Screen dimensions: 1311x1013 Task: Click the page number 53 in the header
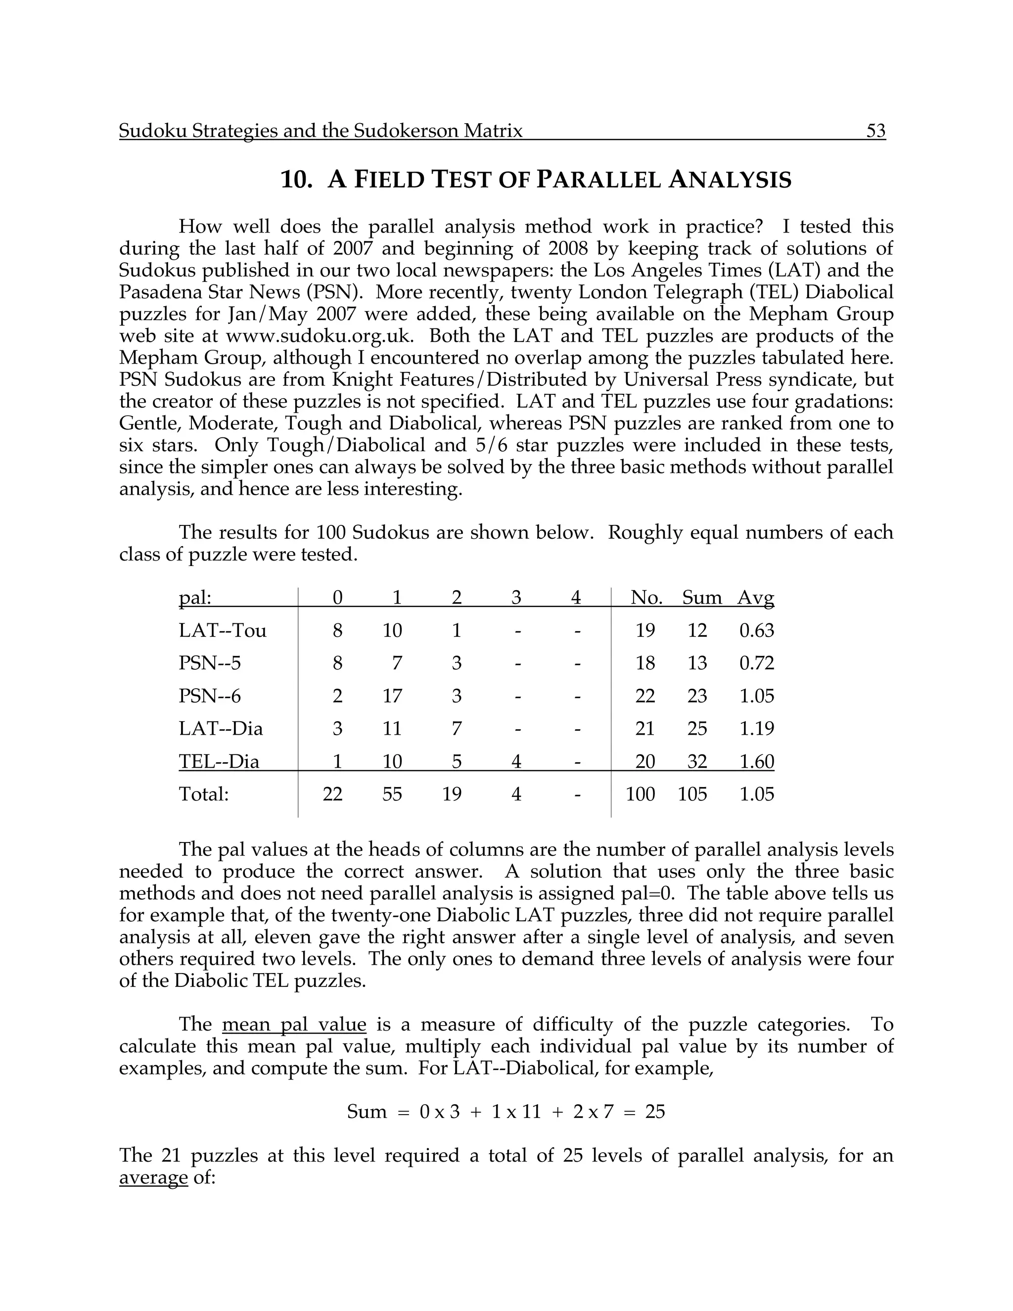pos(875,131)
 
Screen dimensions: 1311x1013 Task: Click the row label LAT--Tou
pos(223,630)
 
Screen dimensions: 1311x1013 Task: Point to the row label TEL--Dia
pos(219,762)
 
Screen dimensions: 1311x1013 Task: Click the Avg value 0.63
pos(756,630)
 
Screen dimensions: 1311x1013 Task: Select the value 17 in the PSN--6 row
pos(392,697)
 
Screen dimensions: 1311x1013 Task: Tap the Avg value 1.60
pos(756,762)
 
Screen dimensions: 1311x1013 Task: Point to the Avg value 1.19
pos(756,729)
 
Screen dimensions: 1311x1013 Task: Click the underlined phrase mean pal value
pos(293,1025)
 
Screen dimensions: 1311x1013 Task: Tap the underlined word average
pos(154,1178)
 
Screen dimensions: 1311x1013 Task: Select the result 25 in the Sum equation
pos(655,1112)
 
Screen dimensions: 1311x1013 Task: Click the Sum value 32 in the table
pos(697,762)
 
